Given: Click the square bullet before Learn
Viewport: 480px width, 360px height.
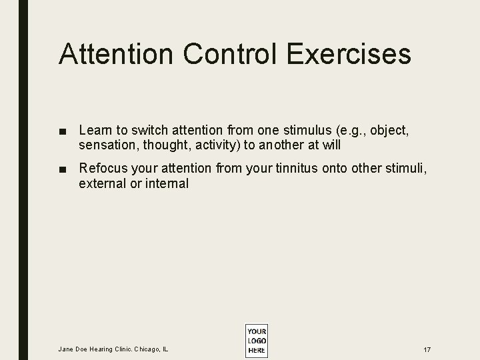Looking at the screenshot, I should (62, 129).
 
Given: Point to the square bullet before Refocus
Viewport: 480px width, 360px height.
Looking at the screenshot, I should (62, 169).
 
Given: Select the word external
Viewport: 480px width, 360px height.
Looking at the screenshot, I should (102, 183).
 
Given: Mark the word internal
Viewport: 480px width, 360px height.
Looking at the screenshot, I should (167, 183).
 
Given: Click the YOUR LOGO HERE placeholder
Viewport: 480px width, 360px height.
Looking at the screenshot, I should (257, 341).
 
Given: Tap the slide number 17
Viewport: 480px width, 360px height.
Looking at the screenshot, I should (426, 349).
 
